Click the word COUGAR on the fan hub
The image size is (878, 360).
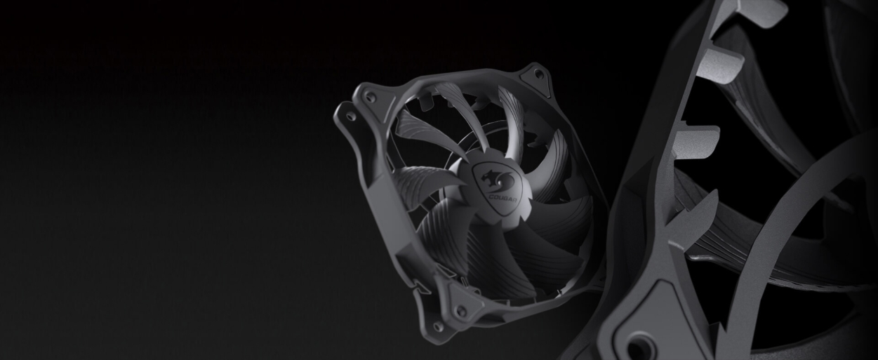pyautogui.click(x=503, y=196)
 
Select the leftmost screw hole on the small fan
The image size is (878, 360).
pyautogui.click(x=350, y=116)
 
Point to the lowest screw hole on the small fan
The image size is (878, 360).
pyautogui.click(x=438, y=326)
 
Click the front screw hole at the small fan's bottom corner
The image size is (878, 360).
pyautogui.click(x=462, y=312)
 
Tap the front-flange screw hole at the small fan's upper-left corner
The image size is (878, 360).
pyautogui.click(x=368, y=95)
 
